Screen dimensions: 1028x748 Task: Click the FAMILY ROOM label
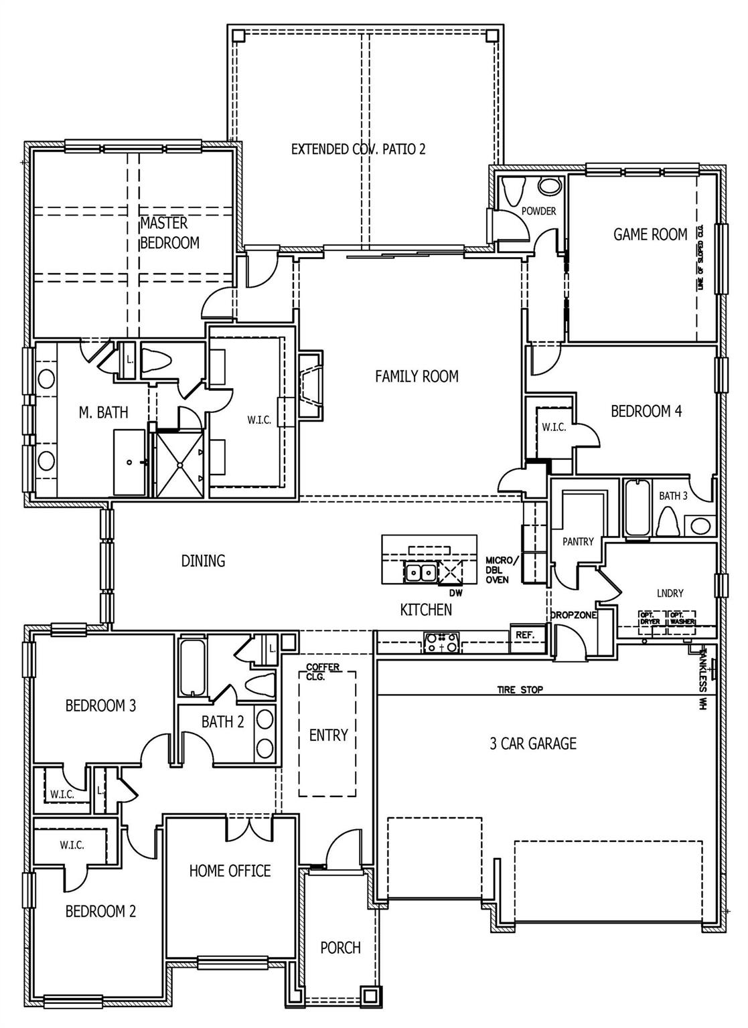click(x=417, y=376)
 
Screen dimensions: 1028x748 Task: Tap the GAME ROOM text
click(x=650, y=234)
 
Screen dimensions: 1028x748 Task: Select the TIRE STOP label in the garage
click(x=520, y=689)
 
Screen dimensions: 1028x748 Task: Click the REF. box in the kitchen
click(x=525, y=635)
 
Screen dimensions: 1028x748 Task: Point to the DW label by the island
click(x=455, y=592)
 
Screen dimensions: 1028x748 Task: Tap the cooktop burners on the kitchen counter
click(x=442, y=643)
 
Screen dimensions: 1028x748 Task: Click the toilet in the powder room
click(x=513, y=191)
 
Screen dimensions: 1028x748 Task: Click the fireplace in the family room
click(x=309, y=387)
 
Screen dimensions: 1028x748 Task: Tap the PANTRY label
click(x=578, y=541)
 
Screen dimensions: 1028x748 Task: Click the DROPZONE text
click(x=573, y=614)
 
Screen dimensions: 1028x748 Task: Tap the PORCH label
click(x=340, y=948)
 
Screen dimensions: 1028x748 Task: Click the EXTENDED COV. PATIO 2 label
click(x=358, y=149)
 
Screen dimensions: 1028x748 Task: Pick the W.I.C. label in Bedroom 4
click(x=554, y=427)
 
